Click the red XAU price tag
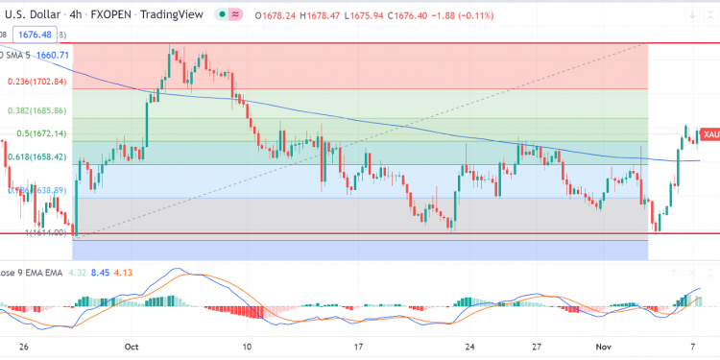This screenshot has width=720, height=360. [x=709, y=135]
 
